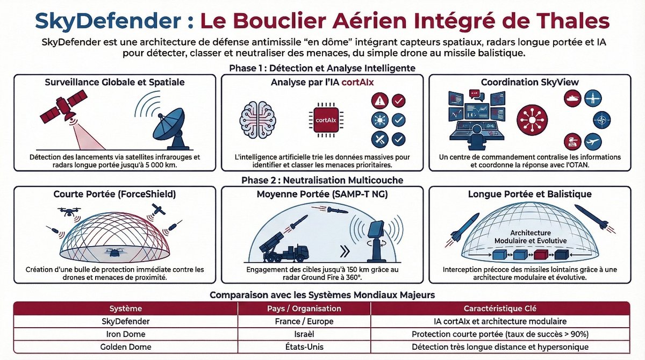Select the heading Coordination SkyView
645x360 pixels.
(529, 82)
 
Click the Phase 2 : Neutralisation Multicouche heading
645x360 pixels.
(322, 180)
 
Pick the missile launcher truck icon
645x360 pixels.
(285, 247)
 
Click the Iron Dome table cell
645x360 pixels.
(125, 334)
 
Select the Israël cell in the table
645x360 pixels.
(304, 334)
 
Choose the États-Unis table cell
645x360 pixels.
(304, 347)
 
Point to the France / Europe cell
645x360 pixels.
(304, 321)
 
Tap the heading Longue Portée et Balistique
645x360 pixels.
(529, 193)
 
